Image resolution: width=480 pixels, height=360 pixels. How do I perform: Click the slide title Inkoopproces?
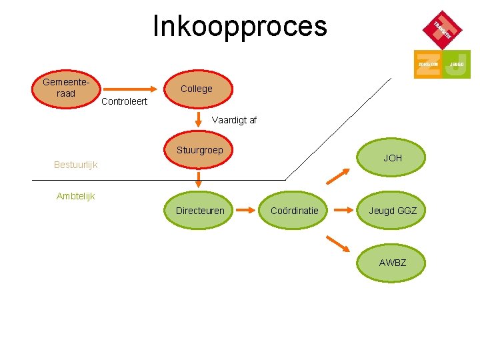(240, 27)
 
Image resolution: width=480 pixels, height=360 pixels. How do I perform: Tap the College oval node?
(197, 89)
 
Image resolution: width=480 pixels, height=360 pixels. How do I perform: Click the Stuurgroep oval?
(199, 151)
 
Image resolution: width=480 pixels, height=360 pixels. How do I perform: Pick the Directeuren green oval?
(199, 211)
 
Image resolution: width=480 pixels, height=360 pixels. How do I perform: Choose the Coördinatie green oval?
(294, 211)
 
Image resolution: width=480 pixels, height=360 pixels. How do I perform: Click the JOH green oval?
(392, 159)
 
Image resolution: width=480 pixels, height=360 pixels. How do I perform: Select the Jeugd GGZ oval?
(392, 211)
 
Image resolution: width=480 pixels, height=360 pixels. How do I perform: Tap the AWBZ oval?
(392, 263)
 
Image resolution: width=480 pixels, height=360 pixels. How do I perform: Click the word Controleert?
(124, 102)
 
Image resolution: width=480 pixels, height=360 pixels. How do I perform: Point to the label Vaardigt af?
(233, 121)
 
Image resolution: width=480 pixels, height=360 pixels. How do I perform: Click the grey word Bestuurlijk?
(75, 165)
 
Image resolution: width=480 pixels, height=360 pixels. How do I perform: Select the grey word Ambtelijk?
(75, 196)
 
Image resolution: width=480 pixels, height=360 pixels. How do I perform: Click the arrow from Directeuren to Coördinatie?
(247, 211)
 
